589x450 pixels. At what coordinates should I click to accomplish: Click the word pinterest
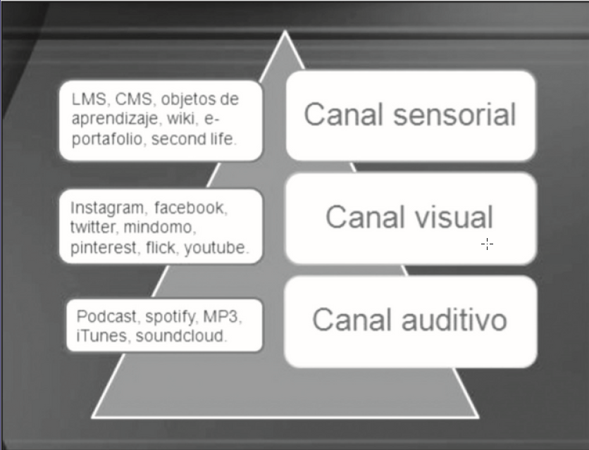[x=104, y=248]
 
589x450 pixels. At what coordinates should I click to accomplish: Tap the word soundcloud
[x=181, y=336]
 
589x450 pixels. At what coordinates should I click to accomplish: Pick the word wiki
[x=185, y=118]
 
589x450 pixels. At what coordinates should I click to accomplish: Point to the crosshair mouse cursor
[x=487, y=244]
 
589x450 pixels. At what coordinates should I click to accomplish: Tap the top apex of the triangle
[x=285, y=32]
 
